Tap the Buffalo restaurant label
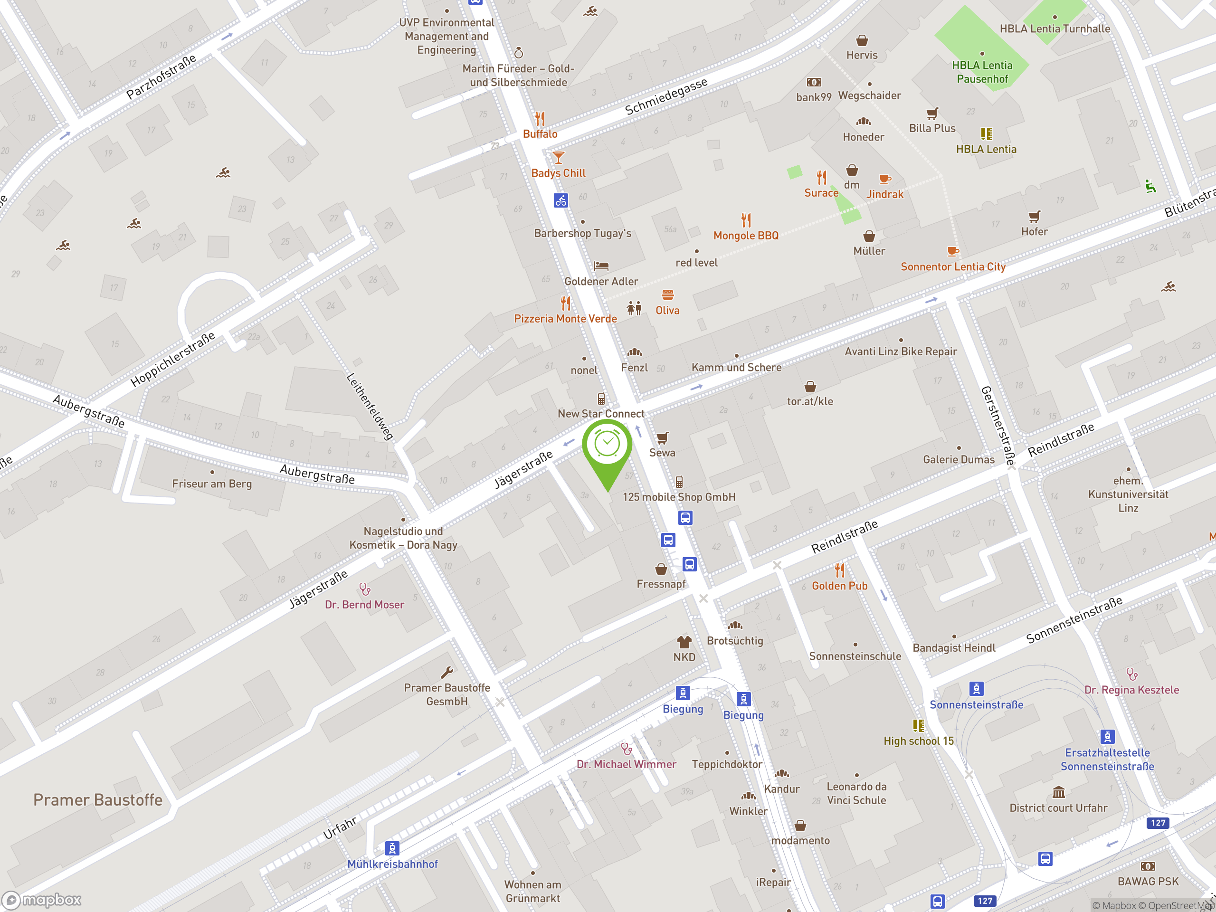click(540, 133)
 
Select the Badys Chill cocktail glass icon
click(558, 158)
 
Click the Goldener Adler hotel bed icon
click(601, 266)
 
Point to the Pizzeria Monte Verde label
click(565, 318)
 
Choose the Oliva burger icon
click(667, 295)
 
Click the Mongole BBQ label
click(745, 235)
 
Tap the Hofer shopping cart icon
click(1034, 217)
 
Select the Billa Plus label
click(932, 128)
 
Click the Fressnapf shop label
click(661, 584)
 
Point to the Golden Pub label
click(839, 586)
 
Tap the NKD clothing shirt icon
click(684, 642)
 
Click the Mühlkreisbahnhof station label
click(392, 864)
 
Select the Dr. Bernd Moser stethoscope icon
click(364, 589)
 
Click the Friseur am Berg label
click(212, 484)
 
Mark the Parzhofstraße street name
click(161, 77)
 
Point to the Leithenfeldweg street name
click(370, 406)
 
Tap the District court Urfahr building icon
click(1058, 792)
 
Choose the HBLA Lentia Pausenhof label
click(982, 72)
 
